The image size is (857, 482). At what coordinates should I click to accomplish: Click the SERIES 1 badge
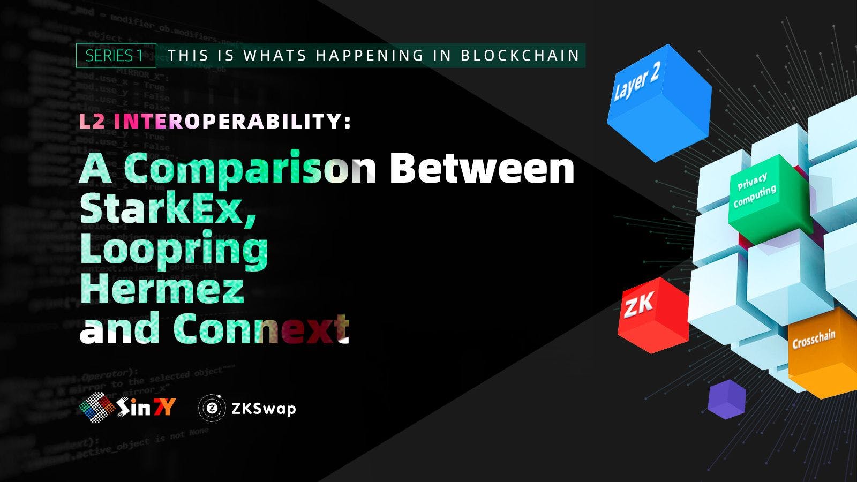click(115, 56)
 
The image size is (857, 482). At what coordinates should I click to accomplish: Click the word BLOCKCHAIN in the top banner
click(520, 56)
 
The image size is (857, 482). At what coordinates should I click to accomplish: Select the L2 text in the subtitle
click(92, 122)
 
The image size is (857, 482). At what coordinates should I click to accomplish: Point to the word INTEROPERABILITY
click(232, 122)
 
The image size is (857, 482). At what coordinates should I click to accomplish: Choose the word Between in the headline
click(482, 168)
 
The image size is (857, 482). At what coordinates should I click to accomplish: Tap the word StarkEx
click(168, 209)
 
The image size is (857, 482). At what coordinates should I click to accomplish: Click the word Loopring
click(174, 250)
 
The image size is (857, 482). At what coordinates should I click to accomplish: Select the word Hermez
click(162, 289)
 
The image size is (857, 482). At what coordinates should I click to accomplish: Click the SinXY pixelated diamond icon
click(97, 408)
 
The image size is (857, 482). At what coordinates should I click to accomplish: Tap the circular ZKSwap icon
click(212, 409)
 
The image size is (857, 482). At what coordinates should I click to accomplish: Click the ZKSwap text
click(263, 409)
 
